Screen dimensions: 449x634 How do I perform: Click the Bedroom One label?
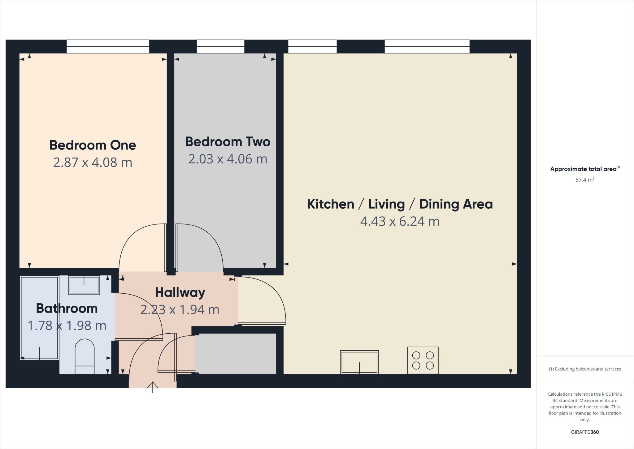coord(93,145)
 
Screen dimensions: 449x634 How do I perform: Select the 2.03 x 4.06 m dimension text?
coord(228,159)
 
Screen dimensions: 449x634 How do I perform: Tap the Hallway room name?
coord(180,292)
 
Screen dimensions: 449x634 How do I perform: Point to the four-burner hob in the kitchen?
coord(423,360)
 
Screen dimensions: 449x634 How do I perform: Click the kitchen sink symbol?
coord(359,362)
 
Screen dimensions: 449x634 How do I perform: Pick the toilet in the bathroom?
coord(85,357)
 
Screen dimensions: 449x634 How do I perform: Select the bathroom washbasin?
coord(84,285)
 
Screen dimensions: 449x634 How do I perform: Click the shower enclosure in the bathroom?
coord(39,318)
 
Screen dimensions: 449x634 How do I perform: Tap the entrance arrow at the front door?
coord(153,387)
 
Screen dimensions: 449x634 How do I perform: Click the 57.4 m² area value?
coord(585,180)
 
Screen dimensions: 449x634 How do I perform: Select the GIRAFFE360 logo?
coord(585,432)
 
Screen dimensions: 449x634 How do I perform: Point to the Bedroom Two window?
coord(220,47)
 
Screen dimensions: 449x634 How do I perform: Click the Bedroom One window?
coord(108,47)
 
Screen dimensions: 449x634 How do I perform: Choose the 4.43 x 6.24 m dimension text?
coord(400,221)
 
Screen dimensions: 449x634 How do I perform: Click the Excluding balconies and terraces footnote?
coord(585,369)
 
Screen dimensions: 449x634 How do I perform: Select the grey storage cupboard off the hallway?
coord(237,354)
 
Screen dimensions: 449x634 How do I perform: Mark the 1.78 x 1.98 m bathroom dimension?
coord(67,326)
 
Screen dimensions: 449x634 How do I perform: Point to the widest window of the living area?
coord(427,47)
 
